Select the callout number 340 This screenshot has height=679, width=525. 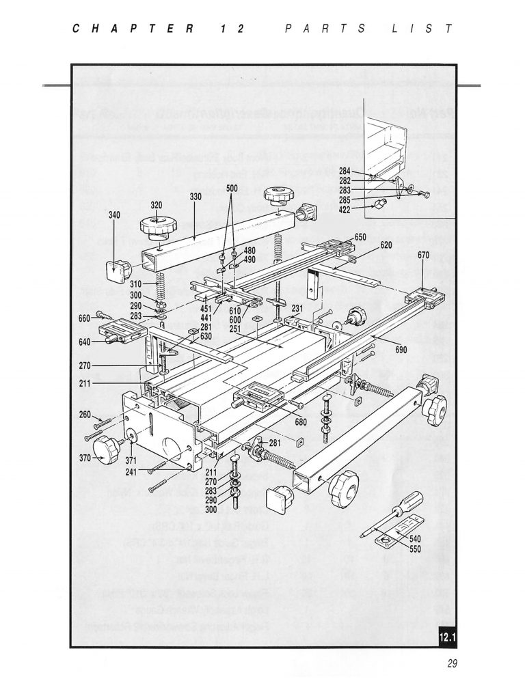pos(114,214)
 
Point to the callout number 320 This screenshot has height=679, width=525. pos(157,205)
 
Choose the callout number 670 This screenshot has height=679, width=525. pos(423,255)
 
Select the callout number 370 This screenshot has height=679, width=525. pos(86,457)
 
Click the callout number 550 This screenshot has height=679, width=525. pos(415,548)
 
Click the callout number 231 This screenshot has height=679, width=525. pos(297,308)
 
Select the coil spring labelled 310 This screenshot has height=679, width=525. pos(163,283)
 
